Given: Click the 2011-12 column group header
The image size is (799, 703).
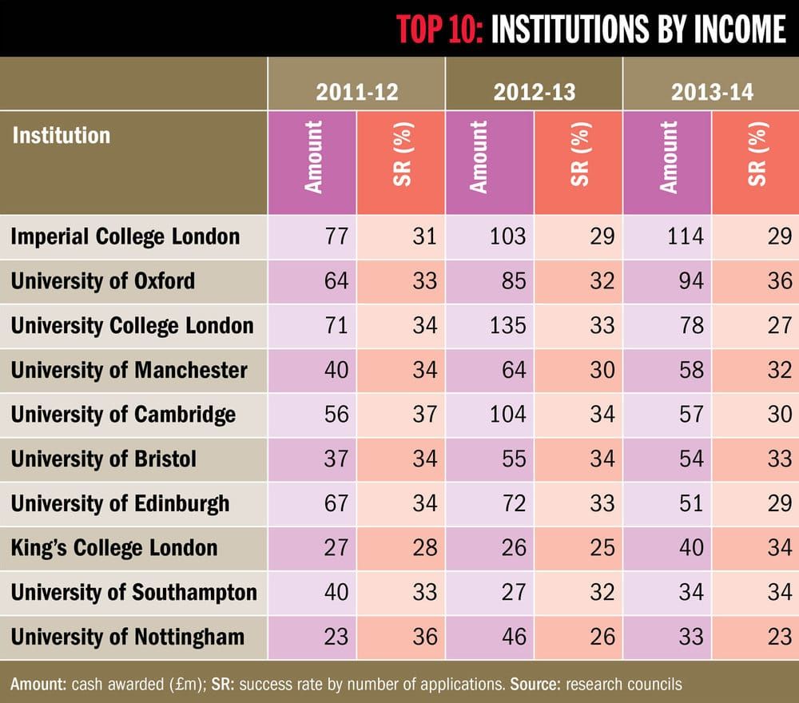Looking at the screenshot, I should (x=356, y=92).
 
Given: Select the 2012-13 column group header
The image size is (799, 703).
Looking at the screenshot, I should (x=534, y=92).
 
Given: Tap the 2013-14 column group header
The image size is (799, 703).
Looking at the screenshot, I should (x=711, y=92).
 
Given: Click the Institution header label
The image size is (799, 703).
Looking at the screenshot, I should (x=61, y=134).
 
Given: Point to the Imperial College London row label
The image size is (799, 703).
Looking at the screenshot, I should (x=125, y=236).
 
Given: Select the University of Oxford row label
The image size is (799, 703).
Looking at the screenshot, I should (x=103, y=281).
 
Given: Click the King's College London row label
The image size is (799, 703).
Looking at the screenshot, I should (x=114, y=548).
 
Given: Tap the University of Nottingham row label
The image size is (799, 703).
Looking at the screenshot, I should (x=128, y=637).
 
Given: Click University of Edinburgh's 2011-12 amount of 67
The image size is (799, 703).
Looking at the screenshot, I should (x=336, y=503).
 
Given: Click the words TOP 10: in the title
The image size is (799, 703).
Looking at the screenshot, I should (x=440, y=30).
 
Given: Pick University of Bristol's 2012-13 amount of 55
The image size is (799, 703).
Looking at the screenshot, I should (x=511, y=459).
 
